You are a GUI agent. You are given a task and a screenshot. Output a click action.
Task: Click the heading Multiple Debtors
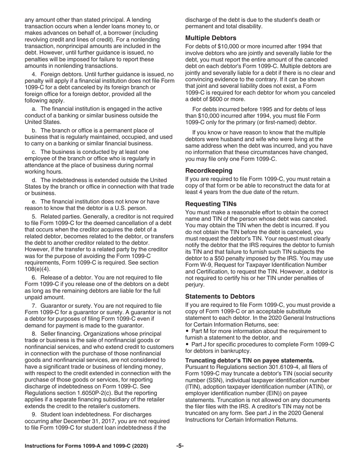tap(211, 38)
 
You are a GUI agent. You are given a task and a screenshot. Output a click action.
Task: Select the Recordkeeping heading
tap(209, 170)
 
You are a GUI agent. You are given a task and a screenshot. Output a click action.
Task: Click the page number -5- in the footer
tap(180, 446)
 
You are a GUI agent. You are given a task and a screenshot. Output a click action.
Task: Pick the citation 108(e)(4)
tap(37, 269)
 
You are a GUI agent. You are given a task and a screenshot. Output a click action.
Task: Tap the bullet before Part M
tap(188, 331)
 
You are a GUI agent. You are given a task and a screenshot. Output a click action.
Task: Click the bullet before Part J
tap(188, 344)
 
